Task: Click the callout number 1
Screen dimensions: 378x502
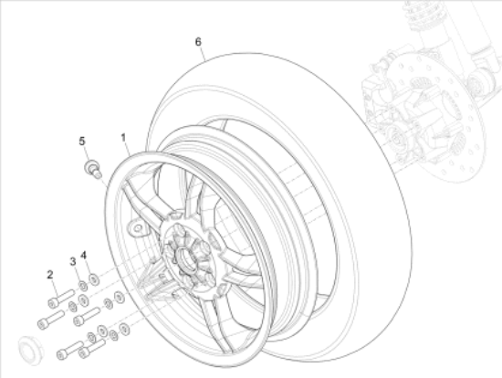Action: tap(124, 137)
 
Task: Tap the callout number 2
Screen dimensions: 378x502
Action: tap(51, 274)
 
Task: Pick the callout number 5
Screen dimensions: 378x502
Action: tap(81, 141)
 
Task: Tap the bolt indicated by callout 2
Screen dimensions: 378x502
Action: tap(60, 298)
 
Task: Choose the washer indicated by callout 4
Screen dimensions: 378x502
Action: tap(93, 278)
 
